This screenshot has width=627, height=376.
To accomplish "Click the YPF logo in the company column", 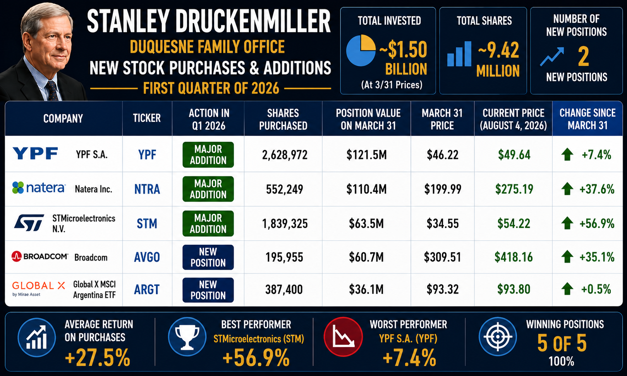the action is pos(35,153).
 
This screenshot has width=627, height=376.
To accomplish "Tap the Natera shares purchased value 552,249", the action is pos(284,189).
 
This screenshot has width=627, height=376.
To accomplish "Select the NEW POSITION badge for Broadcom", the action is pos(208,257).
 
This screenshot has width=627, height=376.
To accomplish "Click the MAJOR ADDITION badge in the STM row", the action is pos(208,223).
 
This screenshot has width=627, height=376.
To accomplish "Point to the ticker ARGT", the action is pos(147,290).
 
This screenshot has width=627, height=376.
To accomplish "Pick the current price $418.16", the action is pos(514,257).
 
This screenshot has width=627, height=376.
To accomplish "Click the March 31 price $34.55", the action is pos(443,223).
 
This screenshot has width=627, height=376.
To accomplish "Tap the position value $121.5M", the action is pos(366,155).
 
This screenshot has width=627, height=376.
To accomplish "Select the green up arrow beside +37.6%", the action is pos(567,189).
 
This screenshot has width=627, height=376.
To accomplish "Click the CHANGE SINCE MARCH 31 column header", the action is pos(587,119).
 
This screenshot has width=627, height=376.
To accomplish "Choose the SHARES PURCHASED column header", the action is pos(283,119).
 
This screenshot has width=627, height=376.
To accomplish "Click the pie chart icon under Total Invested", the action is pos(361,50).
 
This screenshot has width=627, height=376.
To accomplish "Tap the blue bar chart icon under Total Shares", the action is pos(459,54).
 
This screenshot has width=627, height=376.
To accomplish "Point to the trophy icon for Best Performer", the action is pos(187,337).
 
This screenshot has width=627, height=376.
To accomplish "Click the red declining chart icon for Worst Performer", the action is pos(343,337).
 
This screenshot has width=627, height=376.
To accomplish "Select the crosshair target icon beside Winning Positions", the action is pos(498,337).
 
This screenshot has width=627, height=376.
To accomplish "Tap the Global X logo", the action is pos(39,288).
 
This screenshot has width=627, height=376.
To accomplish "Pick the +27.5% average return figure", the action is pos(98,357).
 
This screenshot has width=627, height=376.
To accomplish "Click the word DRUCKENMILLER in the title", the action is pos(253,22).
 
